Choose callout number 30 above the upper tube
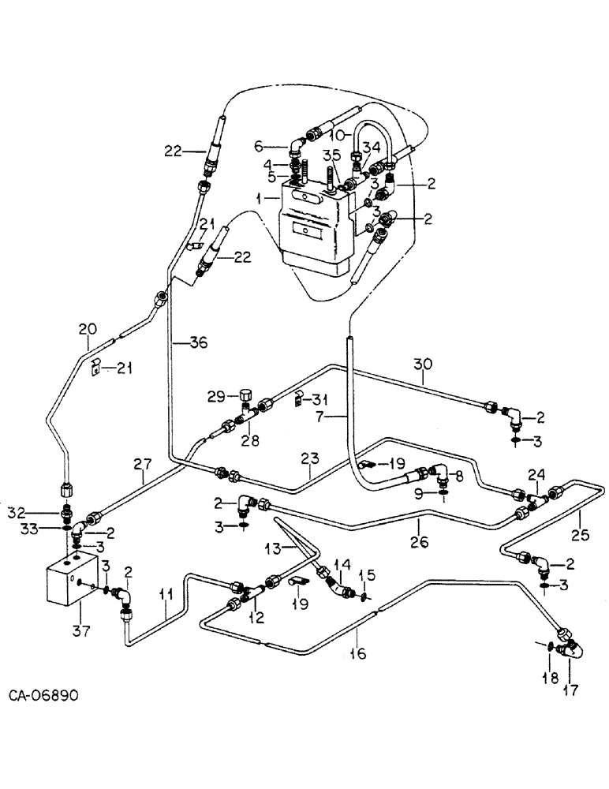[x=423, y=364]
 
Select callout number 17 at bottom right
[x=570, y=691]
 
